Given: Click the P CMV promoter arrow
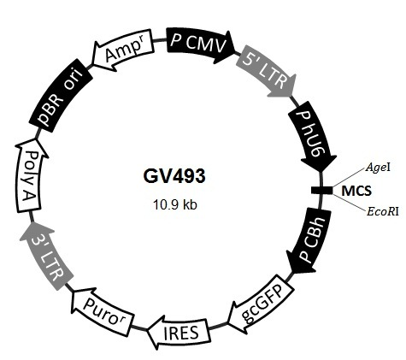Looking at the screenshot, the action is (199, 45).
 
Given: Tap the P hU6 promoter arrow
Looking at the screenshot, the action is (312, 137).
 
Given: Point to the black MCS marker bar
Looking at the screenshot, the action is (321, 191).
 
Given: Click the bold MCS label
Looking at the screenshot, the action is (356, 191).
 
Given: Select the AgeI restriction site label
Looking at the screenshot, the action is (378, 167).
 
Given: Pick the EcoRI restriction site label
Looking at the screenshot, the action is (383, 212).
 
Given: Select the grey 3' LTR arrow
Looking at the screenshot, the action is (47, 255).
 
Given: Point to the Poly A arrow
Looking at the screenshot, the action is (30, 175).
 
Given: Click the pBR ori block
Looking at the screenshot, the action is (61, 96).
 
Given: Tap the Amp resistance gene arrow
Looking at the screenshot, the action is (122, 50).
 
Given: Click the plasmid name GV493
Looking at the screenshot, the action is (174, 176).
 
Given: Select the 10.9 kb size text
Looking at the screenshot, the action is (175, 204).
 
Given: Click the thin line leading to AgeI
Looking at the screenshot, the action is (349, 178).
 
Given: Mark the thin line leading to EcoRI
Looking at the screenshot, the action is (350, 203).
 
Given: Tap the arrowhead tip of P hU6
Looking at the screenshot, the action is (321, 172).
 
